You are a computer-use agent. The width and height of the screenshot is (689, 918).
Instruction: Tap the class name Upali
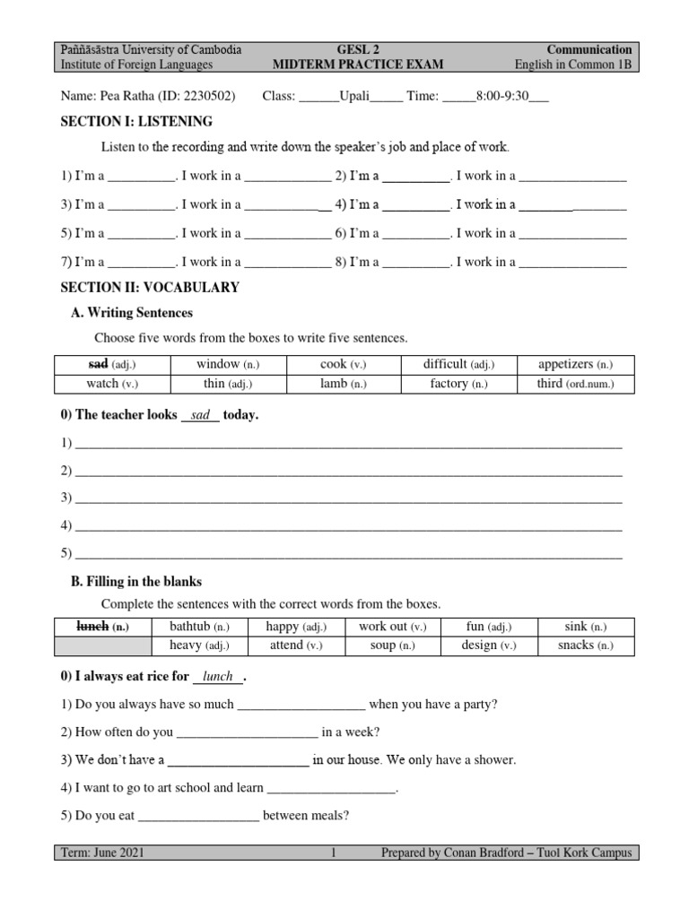354,96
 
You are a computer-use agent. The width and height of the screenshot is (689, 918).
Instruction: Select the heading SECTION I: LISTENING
136,121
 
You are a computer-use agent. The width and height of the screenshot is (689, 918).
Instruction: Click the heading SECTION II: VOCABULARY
150,288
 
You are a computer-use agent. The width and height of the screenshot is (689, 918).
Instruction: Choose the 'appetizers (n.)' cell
575,364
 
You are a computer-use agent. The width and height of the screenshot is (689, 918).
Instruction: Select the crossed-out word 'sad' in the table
98,364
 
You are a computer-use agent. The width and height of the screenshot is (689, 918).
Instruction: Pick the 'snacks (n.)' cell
585,645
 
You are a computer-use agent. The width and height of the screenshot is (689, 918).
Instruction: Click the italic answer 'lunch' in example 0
218,676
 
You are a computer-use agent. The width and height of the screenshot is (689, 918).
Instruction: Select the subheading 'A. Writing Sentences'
132,313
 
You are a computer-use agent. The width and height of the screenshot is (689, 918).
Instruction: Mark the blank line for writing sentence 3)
348,498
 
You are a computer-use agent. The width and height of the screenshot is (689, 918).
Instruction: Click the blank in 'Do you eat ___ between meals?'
199,816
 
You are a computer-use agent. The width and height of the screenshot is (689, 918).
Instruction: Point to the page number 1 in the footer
333,853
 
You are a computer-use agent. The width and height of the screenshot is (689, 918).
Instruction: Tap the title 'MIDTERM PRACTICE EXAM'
362,65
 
